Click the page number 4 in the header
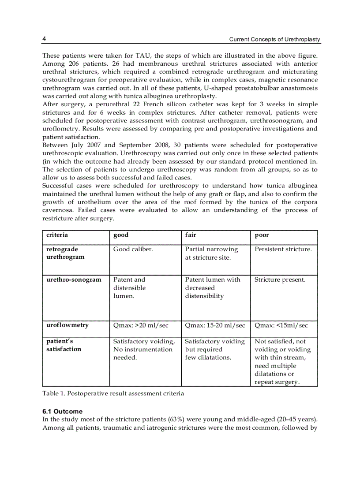[44, 39]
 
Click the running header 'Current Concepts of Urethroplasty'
[274, 40]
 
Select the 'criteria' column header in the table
[57, 235]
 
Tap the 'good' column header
[121, 235]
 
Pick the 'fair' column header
[190, 235]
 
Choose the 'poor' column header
[262, 235]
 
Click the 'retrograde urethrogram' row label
[65, 253]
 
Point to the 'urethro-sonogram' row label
[74, 279]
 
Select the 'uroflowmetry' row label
[67, 325]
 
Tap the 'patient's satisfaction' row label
[64, 345]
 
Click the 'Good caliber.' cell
[133, 249]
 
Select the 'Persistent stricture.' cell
[283, 249]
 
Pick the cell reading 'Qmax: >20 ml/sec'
[140, 325]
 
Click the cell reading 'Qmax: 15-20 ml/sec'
[215, 325]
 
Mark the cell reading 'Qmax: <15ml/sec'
[281, 325]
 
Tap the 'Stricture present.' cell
[280, 279]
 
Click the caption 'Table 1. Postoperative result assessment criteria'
[113, 393]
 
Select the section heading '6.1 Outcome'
[62, 411]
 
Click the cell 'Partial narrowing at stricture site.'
[211, 253]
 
